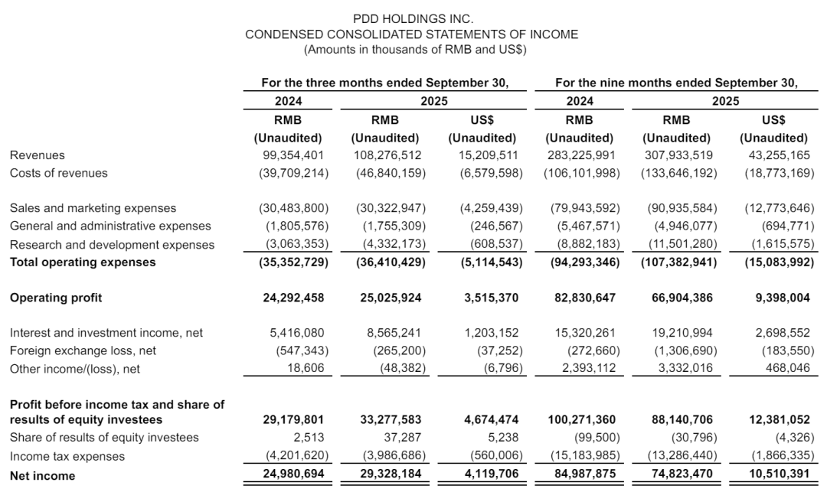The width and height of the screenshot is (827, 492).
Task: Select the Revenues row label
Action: (37, 155)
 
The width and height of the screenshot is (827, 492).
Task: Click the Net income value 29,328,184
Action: (392, 475)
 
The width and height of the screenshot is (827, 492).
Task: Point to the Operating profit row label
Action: (56, 298)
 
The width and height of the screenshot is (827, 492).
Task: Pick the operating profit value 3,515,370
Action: (489, 298)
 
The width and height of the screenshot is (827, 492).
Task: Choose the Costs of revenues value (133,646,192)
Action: (679, 173)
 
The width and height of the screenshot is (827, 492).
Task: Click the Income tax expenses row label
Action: (57, 457)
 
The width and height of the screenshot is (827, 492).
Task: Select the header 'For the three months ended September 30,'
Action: (384, 83)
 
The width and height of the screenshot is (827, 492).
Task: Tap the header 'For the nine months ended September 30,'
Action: (676, 83)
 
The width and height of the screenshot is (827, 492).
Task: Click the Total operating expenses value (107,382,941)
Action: (679, 262)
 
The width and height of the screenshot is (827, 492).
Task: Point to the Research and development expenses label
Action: (112, 245)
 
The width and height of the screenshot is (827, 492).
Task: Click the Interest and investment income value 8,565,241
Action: (392, 333)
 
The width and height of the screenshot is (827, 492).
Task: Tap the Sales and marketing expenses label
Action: (93, 208)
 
